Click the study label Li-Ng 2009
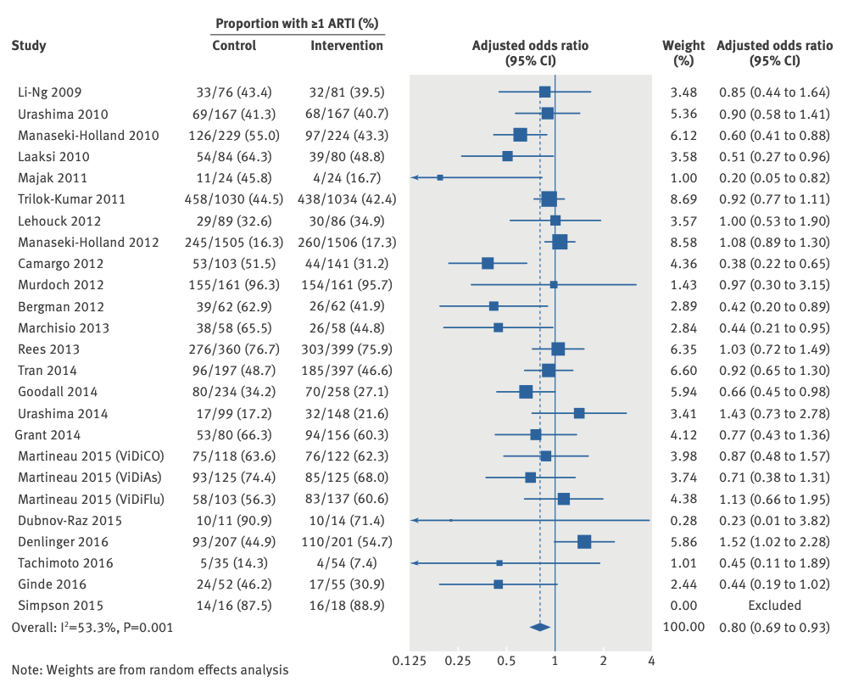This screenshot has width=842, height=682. [50, 92]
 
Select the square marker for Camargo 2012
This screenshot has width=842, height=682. [488, 263]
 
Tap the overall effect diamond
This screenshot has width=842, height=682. [539, 627]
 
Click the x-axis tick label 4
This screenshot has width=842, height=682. [650, 659]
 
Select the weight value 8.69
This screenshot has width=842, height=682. [683, 198]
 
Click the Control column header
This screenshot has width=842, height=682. [234, 45]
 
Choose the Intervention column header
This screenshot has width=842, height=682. [347, 45]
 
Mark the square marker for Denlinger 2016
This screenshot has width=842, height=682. [584, 541]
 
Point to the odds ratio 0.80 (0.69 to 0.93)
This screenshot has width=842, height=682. [774, 627]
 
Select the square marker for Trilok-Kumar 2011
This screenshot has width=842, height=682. [549, 198]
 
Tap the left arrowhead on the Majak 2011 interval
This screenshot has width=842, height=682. [414, 177]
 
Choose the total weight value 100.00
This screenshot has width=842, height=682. [683, 627]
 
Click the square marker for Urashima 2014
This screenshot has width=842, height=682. [579, 413]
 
